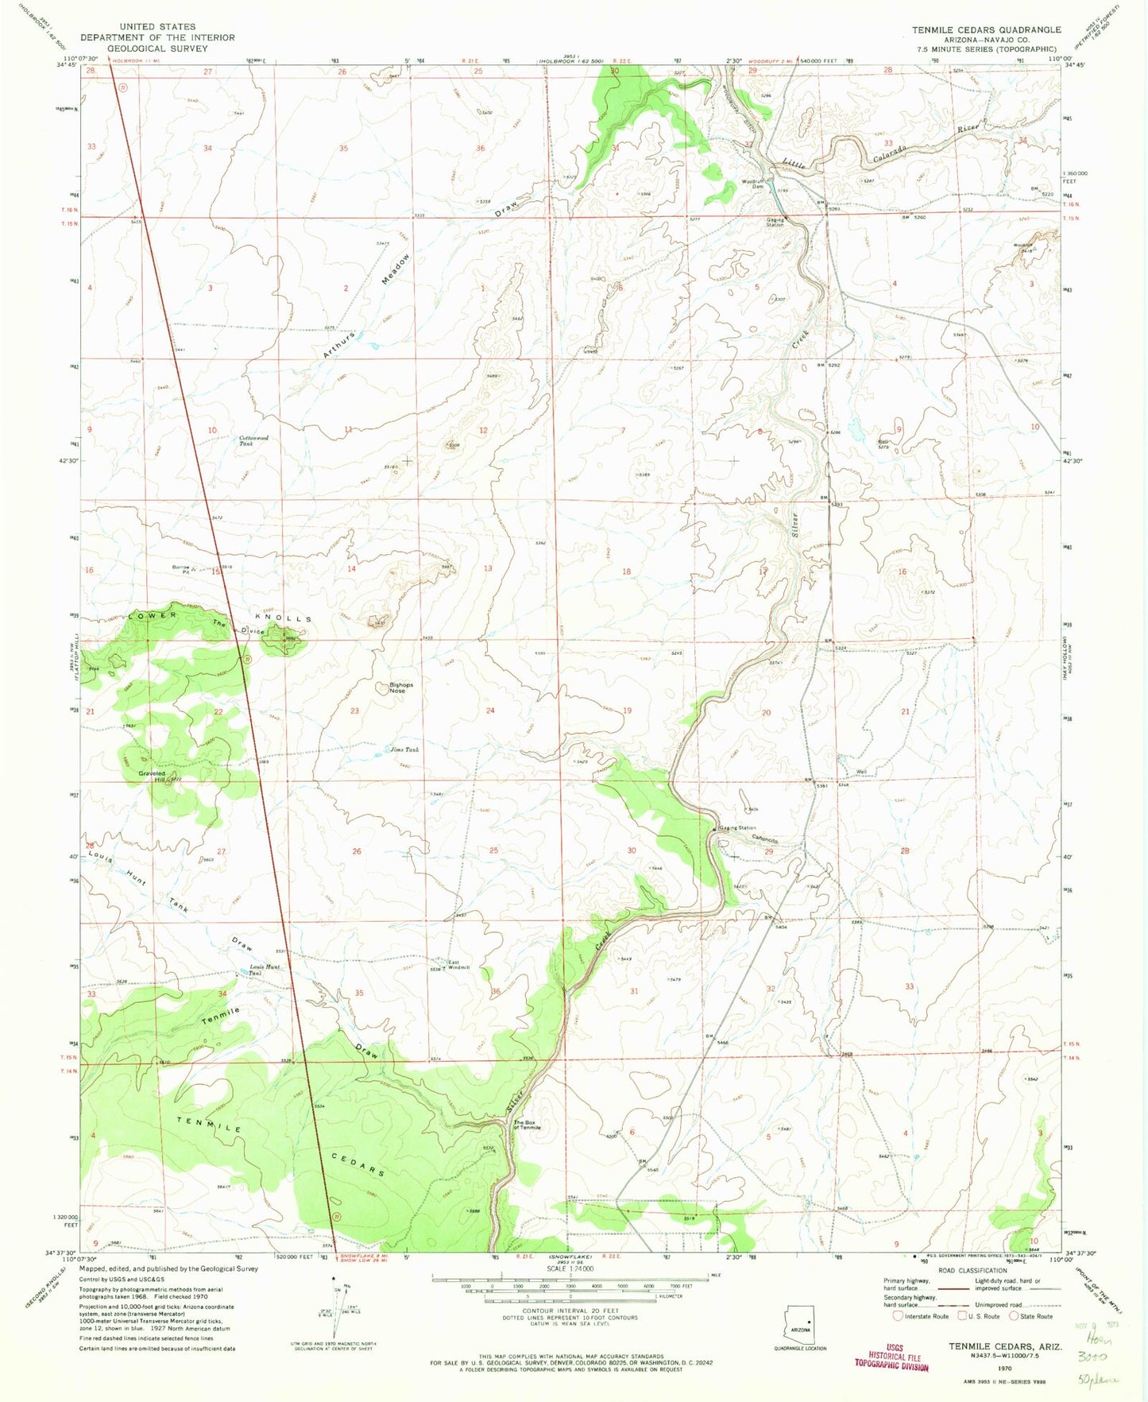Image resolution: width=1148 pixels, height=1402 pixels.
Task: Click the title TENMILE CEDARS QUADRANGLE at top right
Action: pyautogui.click(x=986, y=29)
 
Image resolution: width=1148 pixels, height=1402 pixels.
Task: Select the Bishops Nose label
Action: pyautogui.click(x=400, y=687)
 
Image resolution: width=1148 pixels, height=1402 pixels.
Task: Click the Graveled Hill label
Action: pyautogui.click(x=153, y=777)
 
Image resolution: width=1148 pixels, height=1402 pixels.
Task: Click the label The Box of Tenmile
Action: pyautogui.click(x=527, y=1125)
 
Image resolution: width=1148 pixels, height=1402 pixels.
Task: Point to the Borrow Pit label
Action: pyautogui.click(x=181, y=569)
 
